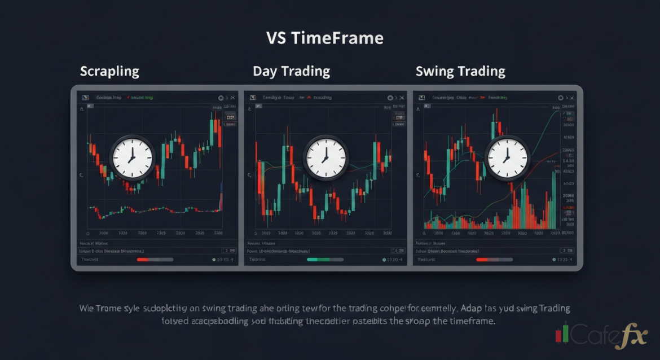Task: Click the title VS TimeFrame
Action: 324,38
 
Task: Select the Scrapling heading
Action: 109,72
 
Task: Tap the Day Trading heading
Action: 291,72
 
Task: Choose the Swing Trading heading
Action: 460,72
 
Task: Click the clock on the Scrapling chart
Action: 132,157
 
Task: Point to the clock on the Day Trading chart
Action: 325,157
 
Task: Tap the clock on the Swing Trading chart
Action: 508,157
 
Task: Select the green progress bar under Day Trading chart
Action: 325,260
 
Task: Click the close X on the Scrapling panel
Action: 233,98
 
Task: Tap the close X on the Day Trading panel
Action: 402,98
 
